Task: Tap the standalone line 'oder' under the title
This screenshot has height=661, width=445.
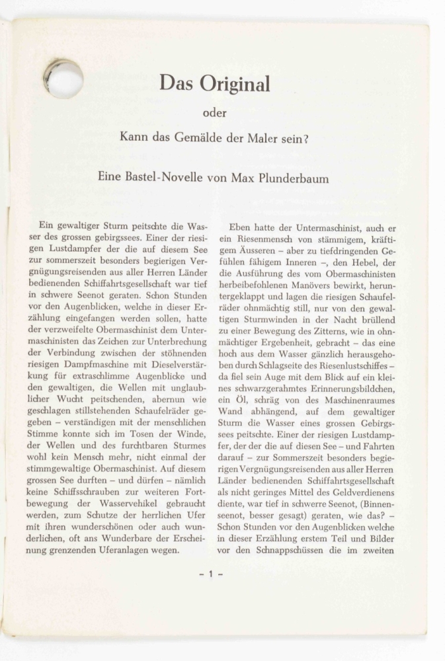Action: coord(214,113)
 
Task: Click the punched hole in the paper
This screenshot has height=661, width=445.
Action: coord(64,79)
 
